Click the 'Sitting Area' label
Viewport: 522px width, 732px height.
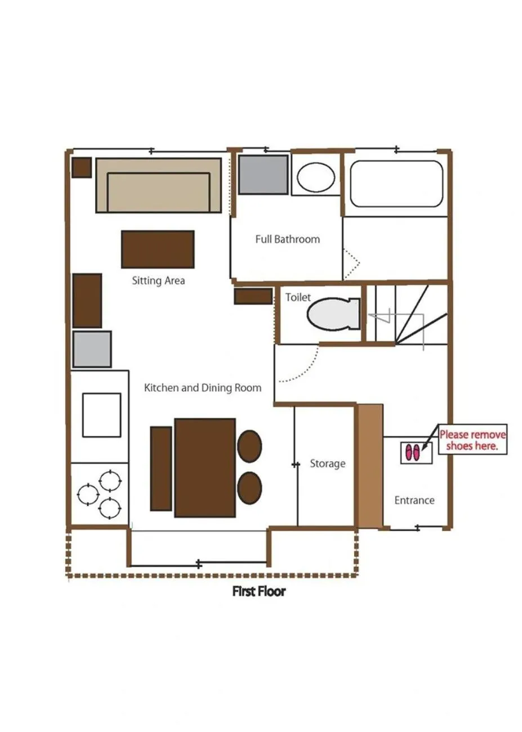coord(158,280)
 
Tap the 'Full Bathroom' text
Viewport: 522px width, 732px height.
coord(287,239)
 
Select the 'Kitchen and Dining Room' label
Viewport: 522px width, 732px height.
coord(203,387)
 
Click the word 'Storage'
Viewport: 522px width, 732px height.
coord(327,463)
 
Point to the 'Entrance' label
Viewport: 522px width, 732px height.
coord(414,500)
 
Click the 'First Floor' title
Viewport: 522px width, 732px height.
coord(259,591)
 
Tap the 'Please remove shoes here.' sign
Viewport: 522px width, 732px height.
coord(472,440)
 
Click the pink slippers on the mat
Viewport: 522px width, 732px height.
coord(413,453)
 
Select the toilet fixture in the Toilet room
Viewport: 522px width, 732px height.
coord(334,314)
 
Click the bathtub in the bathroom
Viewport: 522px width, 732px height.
coord(396,184)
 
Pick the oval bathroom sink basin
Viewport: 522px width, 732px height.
coord(316,177)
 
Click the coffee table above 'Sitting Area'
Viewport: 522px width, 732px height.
coord(158,249)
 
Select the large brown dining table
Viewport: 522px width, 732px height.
coord(204,467)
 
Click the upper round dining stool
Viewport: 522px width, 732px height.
coord(249,446)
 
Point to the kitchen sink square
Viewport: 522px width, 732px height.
coord(101,415)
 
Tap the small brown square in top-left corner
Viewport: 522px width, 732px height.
coord(82,167)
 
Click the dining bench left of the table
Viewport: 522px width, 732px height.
coord(161,468)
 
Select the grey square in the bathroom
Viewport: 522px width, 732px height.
coord(263,175)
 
